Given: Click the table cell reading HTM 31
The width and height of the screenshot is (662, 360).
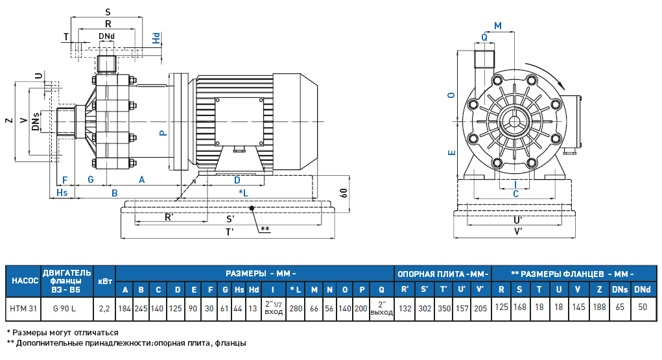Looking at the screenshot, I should [x=23, y=307].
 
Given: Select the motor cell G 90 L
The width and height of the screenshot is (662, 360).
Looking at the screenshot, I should [x=67, y=307].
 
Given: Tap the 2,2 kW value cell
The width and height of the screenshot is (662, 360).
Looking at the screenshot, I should [x=104, y=307].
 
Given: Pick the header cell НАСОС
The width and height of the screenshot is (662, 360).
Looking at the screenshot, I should [x=23, y=281].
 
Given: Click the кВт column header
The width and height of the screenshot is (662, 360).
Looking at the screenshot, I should [x=104, y=281].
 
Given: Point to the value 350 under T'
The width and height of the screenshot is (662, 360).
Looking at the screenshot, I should [x=444, y=307].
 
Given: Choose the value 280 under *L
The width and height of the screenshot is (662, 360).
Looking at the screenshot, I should [x=295, y=307].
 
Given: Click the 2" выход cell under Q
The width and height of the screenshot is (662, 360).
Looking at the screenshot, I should [x=382, y=307].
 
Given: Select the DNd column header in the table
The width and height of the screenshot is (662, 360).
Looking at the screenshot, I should [x=642, y=289].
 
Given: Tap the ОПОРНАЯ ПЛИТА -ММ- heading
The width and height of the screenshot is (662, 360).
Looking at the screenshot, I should [x=443, y=273].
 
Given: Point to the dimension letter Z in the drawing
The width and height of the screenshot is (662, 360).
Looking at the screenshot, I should [x=8, y=121].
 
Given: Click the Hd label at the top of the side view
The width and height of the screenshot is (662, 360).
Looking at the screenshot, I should [x=156, y=38].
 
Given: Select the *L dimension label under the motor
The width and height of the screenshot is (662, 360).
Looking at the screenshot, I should [x=244, y=193].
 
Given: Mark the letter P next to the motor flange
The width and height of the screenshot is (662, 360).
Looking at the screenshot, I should [x=163, y=132].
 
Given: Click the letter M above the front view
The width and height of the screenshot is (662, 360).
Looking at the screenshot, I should [x=498, y=25].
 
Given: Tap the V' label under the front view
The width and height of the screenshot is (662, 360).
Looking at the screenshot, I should [x=518, y=231].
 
